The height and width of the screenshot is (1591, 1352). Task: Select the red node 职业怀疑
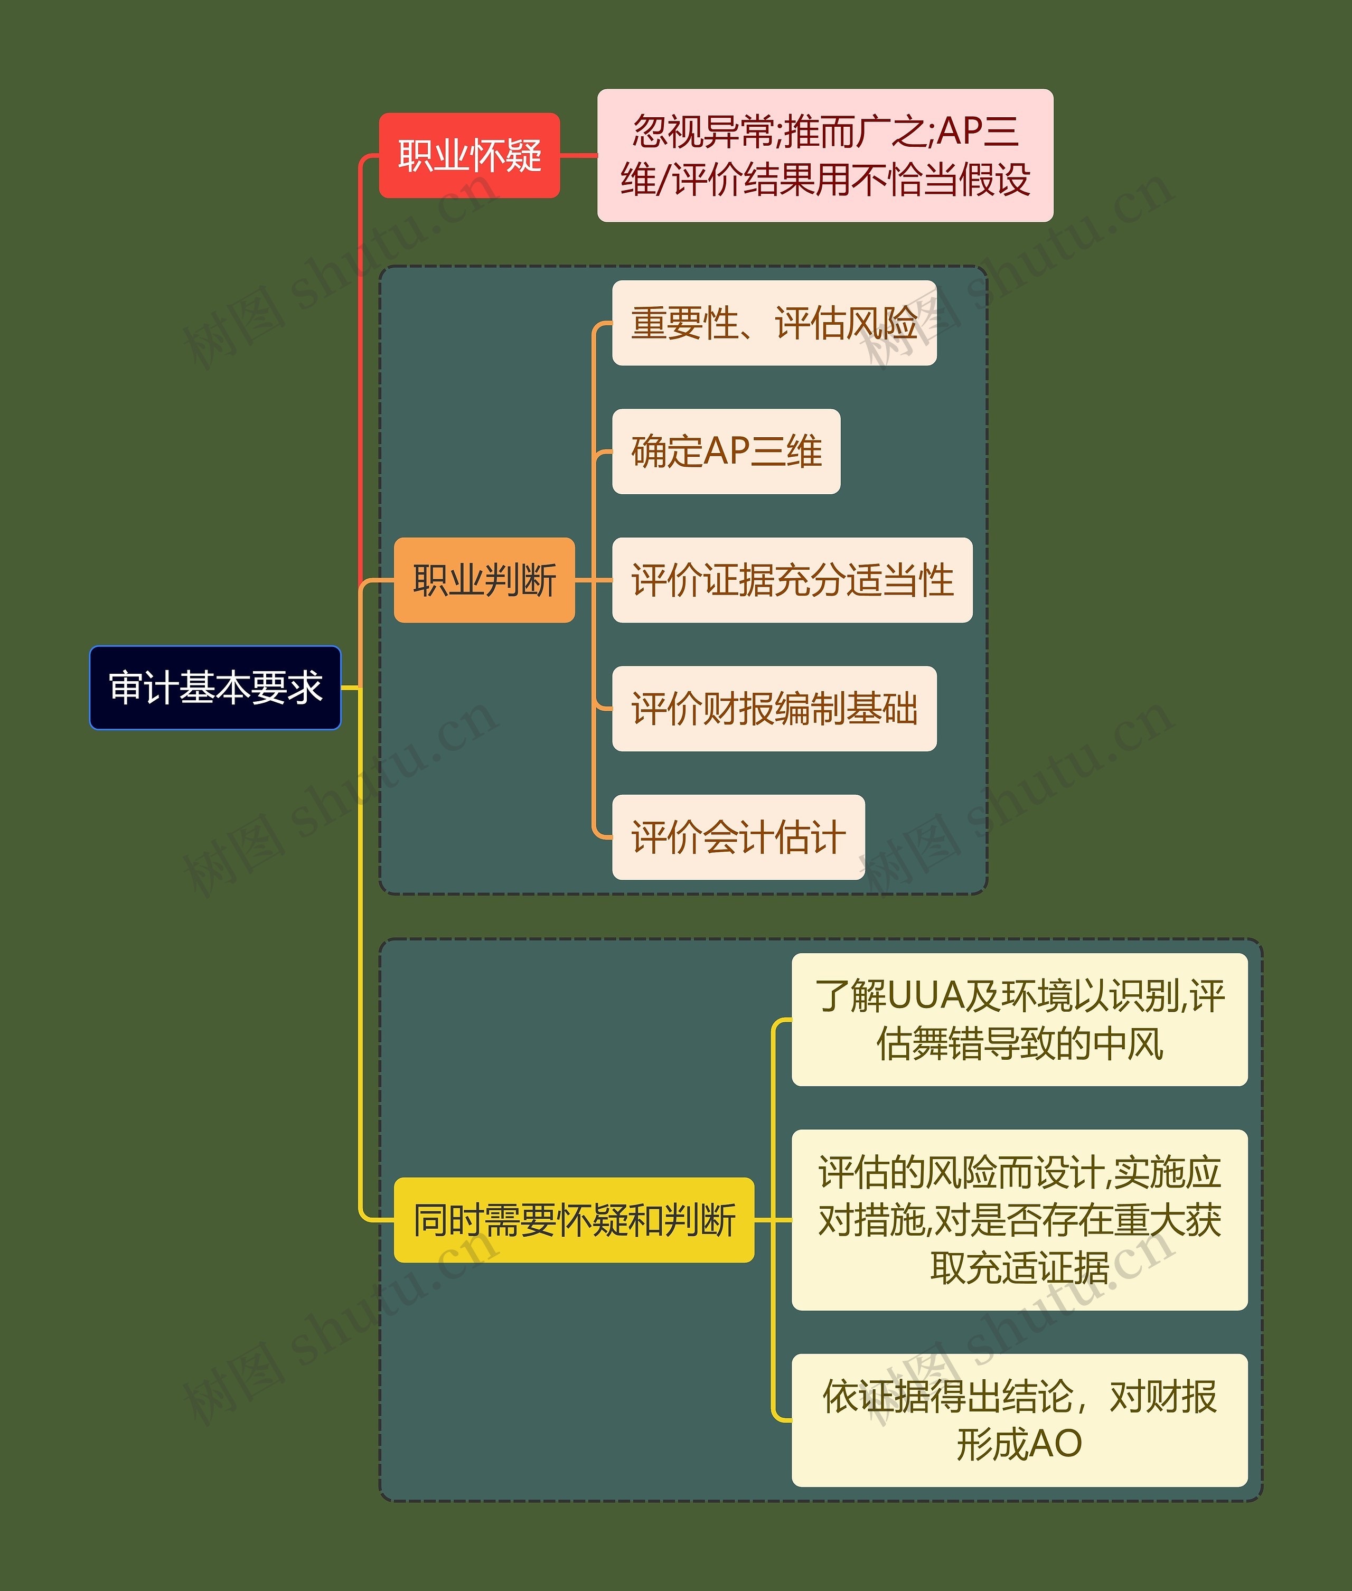[x=469, y=156]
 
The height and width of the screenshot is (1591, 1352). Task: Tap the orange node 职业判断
[x=484, y=580]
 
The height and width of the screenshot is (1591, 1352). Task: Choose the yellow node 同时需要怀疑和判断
[x=574, y=1219]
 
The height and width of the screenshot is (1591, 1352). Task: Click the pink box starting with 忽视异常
[x=825, y=156]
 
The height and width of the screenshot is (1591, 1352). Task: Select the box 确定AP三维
[x=726, y=451]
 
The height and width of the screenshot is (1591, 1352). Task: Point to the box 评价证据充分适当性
[x=792, y=580]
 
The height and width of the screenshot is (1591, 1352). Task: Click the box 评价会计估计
[x=738, y=837]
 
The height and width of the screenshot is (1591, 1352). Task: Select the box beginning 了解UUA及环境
[x=1019, y=1019]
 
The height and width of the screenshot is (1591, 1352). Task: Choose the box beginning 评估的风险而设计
[x=1019, y=1219]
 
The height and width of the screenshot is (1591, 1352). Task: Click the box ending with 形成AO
[x=1019, y=1420]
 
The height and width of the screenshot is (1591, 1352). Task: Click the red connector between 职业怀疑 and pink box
[x=579, y=156]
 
